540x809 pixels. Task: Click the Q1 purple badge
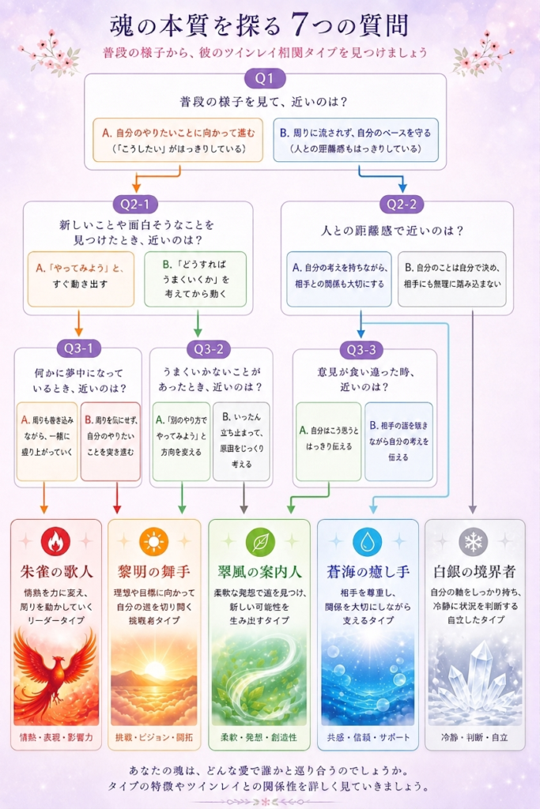(x=265, y=79)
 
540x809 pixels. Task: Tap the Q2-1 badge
(x=134, y=205)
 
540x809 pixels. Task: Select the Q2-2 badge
(x=402, y=205)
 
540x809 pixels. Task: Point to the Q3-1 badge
(x=78, y=348)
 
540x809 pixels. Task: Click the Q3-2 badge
(x=209, y=349)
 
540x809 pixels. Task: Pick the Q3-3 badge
(x=361, y=350)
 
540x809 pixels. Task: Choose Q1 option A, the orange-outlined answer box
(x=178, y=140)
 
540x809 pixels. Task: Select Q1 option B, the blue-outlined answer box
(x=356, y=140)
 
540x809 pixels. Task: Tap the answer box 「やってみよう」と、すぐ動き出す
(x=81, y=279)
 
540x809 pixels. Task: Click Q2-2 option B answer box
(x=452, y=279)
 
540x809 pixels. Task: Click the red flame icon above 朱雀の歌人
(x=55, y=542)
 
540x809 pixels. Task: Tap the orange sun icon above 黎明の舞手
(x=154, y=542)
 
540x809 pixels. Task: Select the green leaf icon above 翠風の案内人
(x=260, y=542)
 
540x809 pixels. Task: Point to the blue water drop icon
(x=368, y=542)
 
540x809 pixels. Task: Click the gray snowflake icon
(x=474, y=542)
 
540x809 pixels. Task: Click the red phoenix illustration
(x=55, y=675)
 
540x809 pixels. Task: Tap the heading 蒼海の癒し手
(x=368, y=572)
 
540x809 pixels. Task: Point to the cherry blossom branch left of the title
(x=51, y=53)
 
